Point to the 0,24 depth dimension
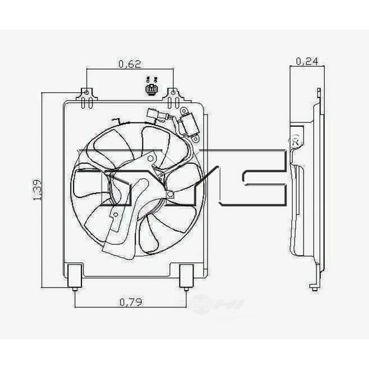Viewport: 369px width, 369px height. (x=306, y=61)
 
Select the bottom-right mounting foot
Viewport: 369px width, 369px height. (x=186, y=275)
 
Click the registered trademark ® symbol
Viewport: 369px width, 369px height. (x=295, y=139)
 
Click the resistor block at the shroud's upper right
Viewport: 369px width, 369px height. (x=190, y=125)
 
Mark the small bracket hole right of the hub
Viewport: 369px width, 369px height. (x=169, y=193)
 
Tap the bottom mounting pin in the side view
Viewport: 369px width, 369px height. (x=314, y=284)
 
